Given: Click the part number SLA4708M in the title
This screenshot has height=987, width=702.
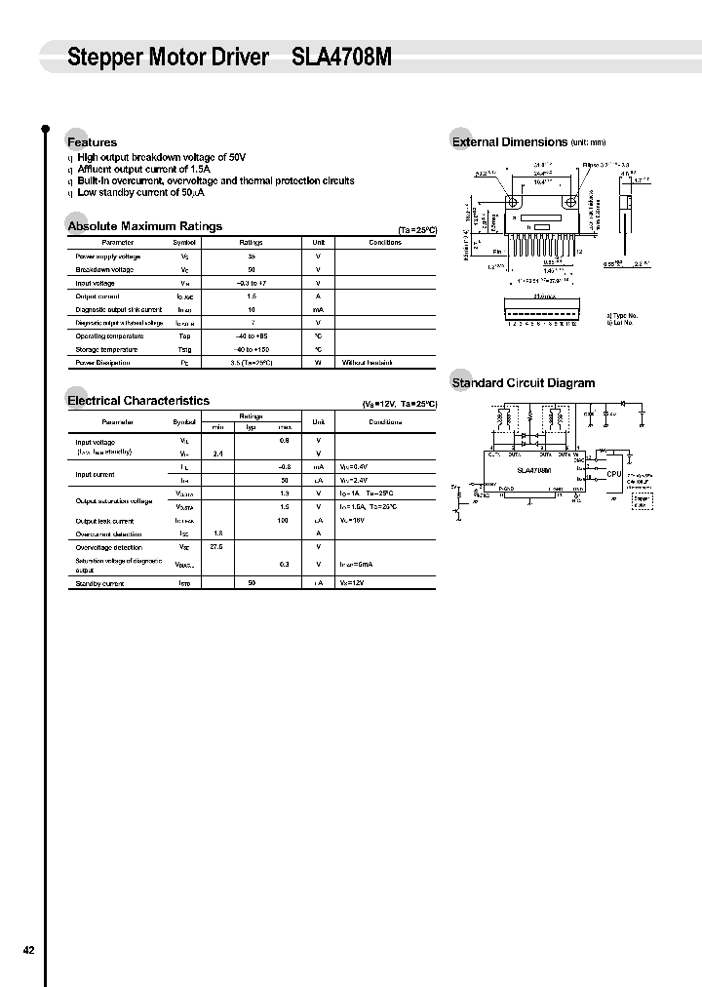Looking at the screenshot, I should coord(341,58).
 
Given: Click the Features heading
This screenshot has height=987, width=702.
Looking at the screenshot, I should coord(92,142).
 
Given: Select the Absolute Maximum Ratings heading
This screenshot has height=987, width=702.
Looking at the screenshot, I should coord(144,226).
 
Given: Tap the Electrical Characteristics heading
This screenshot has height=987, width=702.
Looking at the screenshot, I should coord(137,400).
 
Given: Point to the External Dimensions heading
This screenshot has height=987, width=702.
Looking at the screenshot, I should coord(509,141).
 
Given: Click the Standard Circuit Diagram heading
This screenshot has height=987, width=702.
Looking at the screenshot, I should coord(523,383).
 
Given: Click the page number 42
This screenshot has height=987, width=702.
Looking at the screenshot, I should coord(28,949).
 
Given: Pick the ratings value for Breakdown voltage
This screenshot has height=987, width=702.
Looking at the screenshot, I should coord(252,269).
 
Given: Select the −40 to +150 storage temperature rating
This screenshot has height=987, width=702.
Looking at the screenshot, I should coord(252,349).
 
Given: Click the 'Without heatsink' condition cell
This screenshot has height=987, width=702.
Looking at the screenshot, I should coord(367,363).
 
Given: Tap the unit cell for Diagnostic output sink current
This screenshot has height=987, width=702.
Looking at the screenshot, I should coord(318,309).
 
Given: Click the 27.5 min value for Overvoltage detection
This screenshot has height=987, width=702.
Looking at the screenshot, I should coord(216,547).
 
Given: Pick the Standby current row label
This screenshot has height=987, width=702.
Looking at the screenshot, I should coord(100,583).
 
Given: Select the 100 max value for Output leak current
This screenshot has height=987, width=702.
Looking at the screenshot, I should coord(283,521).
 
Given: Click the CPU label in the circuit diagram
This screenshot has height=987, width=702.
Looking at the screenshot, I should coord(613,474).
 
